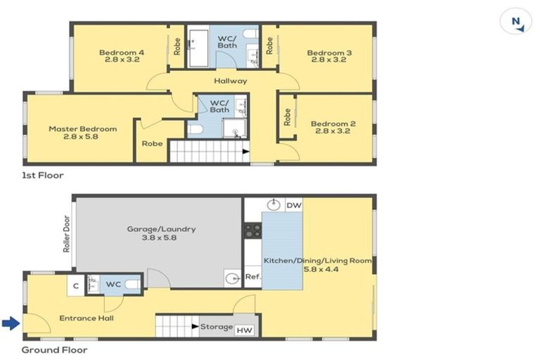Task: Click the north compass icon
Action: coord(516,22)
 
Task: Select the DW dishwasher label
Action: coord(294,205)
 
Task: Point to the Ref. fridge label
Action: coord(253,277)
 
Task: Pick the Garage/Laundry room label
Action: coord(161,233)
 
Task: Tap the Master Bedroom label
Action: coord(82,133)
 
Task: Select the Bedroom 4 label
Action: coord(122,56)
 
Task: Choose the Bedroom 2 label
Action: coord(333,127)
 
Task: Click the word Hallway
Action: coord(231,81)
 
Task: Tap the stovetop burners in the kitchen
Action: coord(253,231)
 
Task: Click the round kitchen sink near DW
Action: coord(274,205)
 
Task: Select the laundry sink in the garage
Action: coord(232,278)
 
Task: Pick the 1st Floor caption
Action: coord(43,175)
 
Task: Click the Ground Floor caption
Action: coord(54,349)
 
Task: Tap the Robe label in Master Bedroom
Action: coord(152,143)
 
